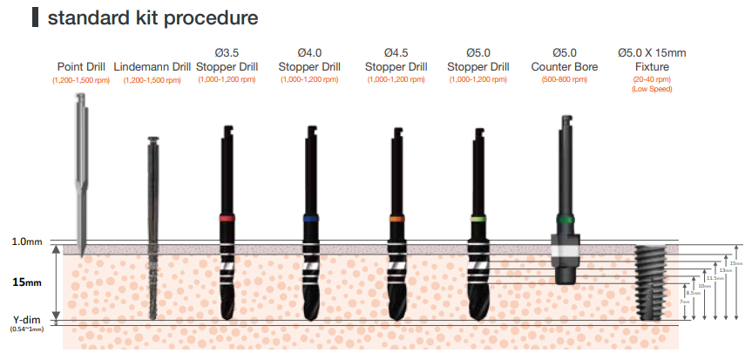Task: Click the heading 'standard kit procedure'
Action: pos(153,17)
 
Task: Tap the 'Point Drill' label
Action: pos(82,66)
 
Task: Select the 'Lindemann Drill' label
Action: pos(152,66)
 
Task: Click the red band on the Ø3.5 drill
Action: pos(227,218)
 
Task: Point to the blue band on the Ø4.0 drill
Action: pos(309,218)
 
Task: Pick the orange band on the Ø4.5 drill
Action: pos(396,218)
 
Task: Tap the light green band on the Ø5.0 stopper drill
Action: pos(477,218)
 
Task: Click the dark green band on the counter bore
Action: pos(564,219)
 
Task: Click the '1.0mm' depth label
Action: pos(26,241)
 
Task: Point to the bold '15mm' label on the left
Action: pos(26,283)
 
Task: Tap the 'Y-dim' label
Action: pos(26,319)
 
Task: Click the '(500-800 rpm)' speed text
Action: pos(564,79)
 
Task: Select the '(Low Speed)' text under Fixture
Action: pos(651,89)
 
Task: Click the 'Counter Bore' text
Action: pos(564,66)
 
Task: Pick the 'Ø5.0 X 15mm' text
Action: pos(651,53)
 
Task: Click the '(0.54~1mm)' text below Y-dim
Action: pos(26,329)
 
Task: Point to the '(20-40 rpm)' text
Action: pos(651,79)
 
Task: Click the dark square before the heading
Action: pos(35,17)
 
